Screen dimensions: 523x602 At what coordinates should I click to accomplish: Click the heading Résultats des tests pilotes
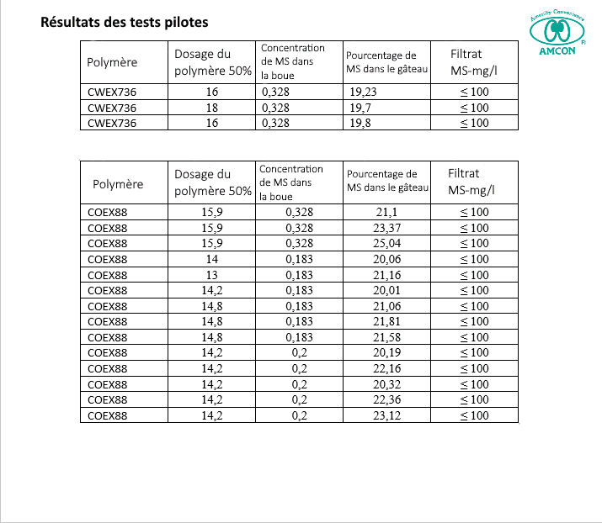pos(125,22)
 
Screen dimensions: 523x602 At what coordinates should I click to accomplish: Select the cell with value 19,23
pos(363,92)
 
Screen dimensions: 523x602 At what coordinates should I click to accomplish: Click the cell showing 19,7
pos(360,108)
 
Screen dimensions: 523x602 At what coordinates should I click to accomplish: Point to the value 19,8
pos(360,123)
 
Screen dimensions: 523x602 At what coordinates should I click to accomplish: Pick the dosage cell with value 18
pos(212,108)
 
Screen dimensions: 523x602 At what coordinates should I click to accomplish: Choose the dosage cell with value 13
pos(212,275)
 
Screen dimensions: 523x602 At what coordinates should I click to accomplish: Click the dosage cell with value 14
pos(212,259)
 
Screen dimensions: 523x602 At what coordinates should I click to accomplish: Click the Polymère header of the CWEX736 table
pos(112,62)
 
